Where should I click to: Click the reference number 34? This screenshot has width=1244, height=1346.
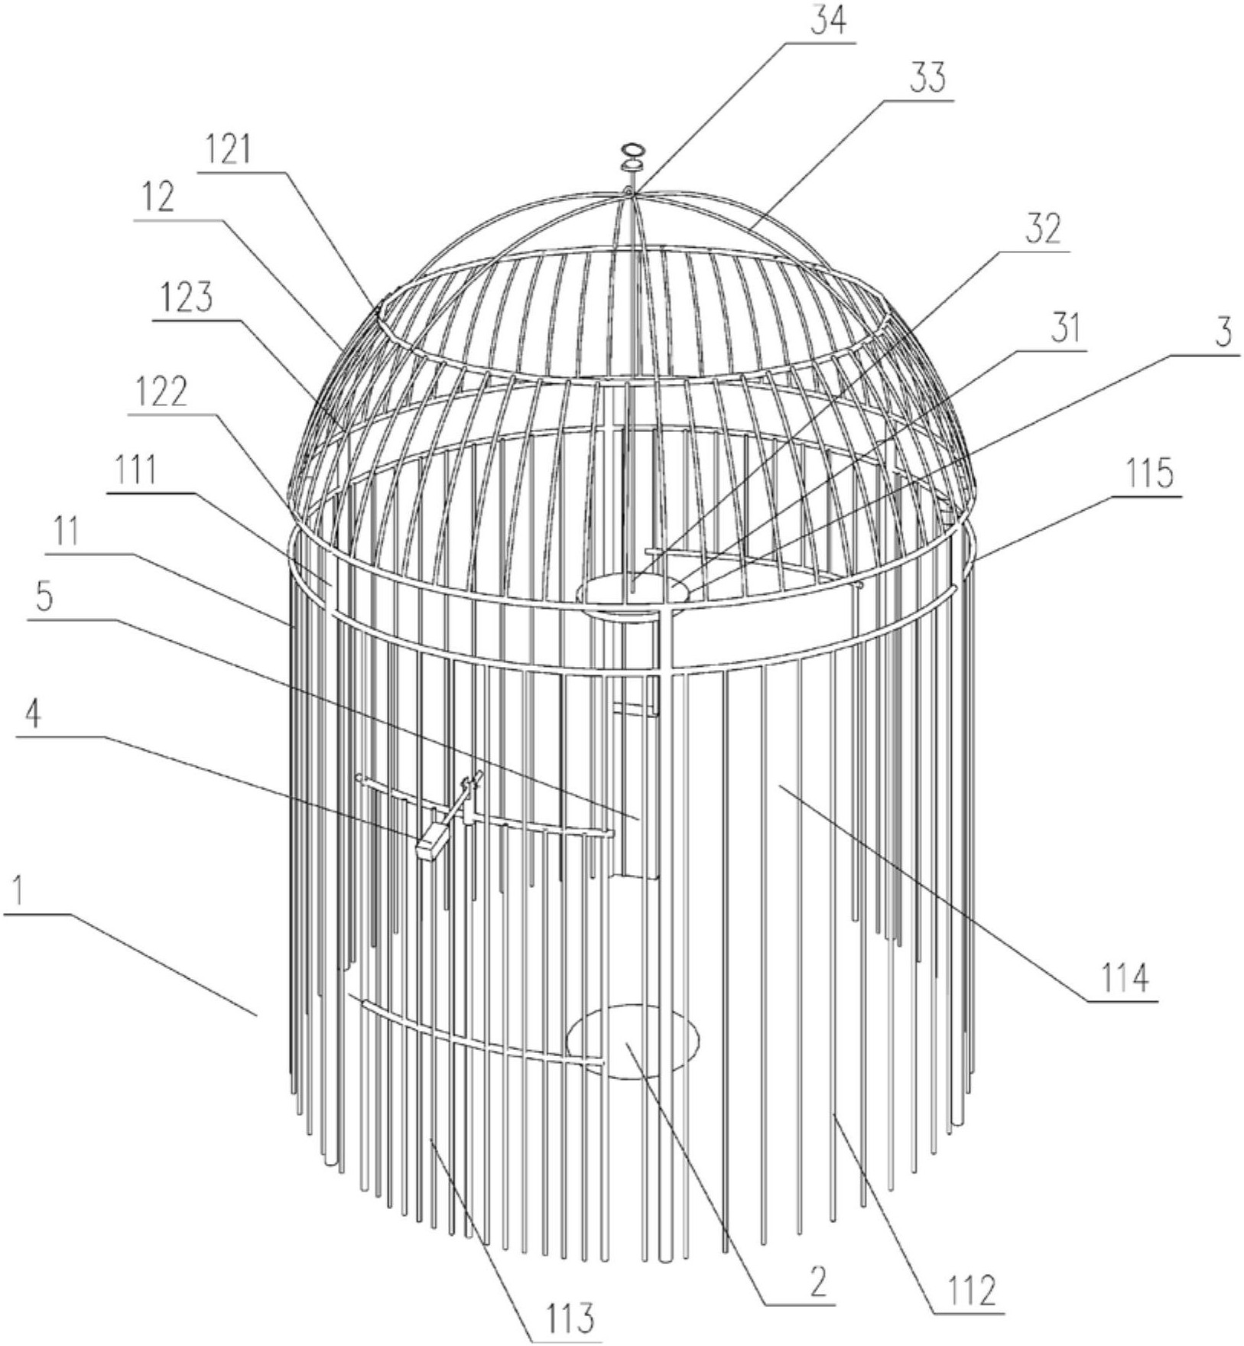[830, 22]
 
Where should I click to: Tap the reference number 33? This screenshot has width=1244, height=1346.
[927, 79]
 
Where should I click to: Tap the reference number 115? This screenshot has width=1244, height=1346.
[1151, 475]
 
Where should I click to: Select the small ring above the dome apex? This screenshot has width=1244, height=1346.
[633, 149]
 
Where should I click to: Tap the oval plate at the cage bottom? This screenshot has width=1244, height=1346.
[632, 1041]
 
